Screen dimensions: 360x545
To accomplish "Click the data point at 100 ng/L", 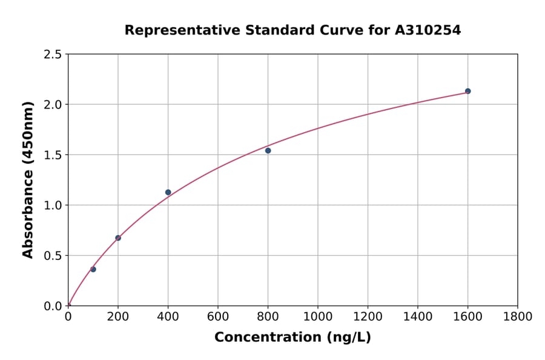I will coord(93,269).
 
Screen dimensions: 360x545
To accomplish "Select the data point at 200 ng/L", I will coord(118,238).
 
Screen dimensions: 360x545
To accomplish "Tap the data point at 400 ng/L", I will coord(168,192).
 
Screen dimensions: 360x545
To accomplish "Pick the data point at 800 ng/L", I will coord(268,150).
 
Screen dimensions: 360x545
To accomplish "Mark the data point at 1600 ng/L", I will coord(467,91).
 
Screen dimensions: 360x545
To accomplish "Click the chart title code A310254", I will coord(428,30).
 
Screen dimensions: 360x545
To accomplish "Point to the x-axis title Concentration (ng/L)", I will coord(292,338).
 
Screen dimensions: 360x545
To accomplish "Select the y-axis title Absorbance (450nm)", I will coord(28,180).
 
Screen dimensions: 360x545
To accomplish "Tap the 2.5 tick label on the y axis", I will coord(53,55).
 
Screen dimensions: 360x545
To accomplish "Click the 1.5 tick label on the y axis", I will coord(53,155).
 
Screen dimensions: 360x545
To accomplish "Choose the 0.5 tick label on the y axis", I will coord(53,256).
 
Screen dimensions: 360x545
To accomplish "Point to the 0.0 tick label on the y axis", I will coord(53,306).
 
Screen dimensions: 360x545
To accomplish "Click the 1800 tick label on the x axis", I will coord(517,316).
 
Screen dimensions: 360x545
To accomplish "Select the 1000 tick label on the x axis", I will coord(318,316).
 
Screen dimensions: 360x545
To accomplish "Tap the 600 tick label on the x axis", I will coord(218,316).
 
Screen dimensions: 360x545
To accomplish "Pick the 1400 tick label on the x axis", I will coord(418,316).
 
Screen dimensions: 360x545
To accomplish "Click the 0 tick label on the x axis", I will coord(68,316).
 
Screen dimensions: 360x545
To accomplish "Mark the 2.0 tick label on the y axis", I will coord(53,105).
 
